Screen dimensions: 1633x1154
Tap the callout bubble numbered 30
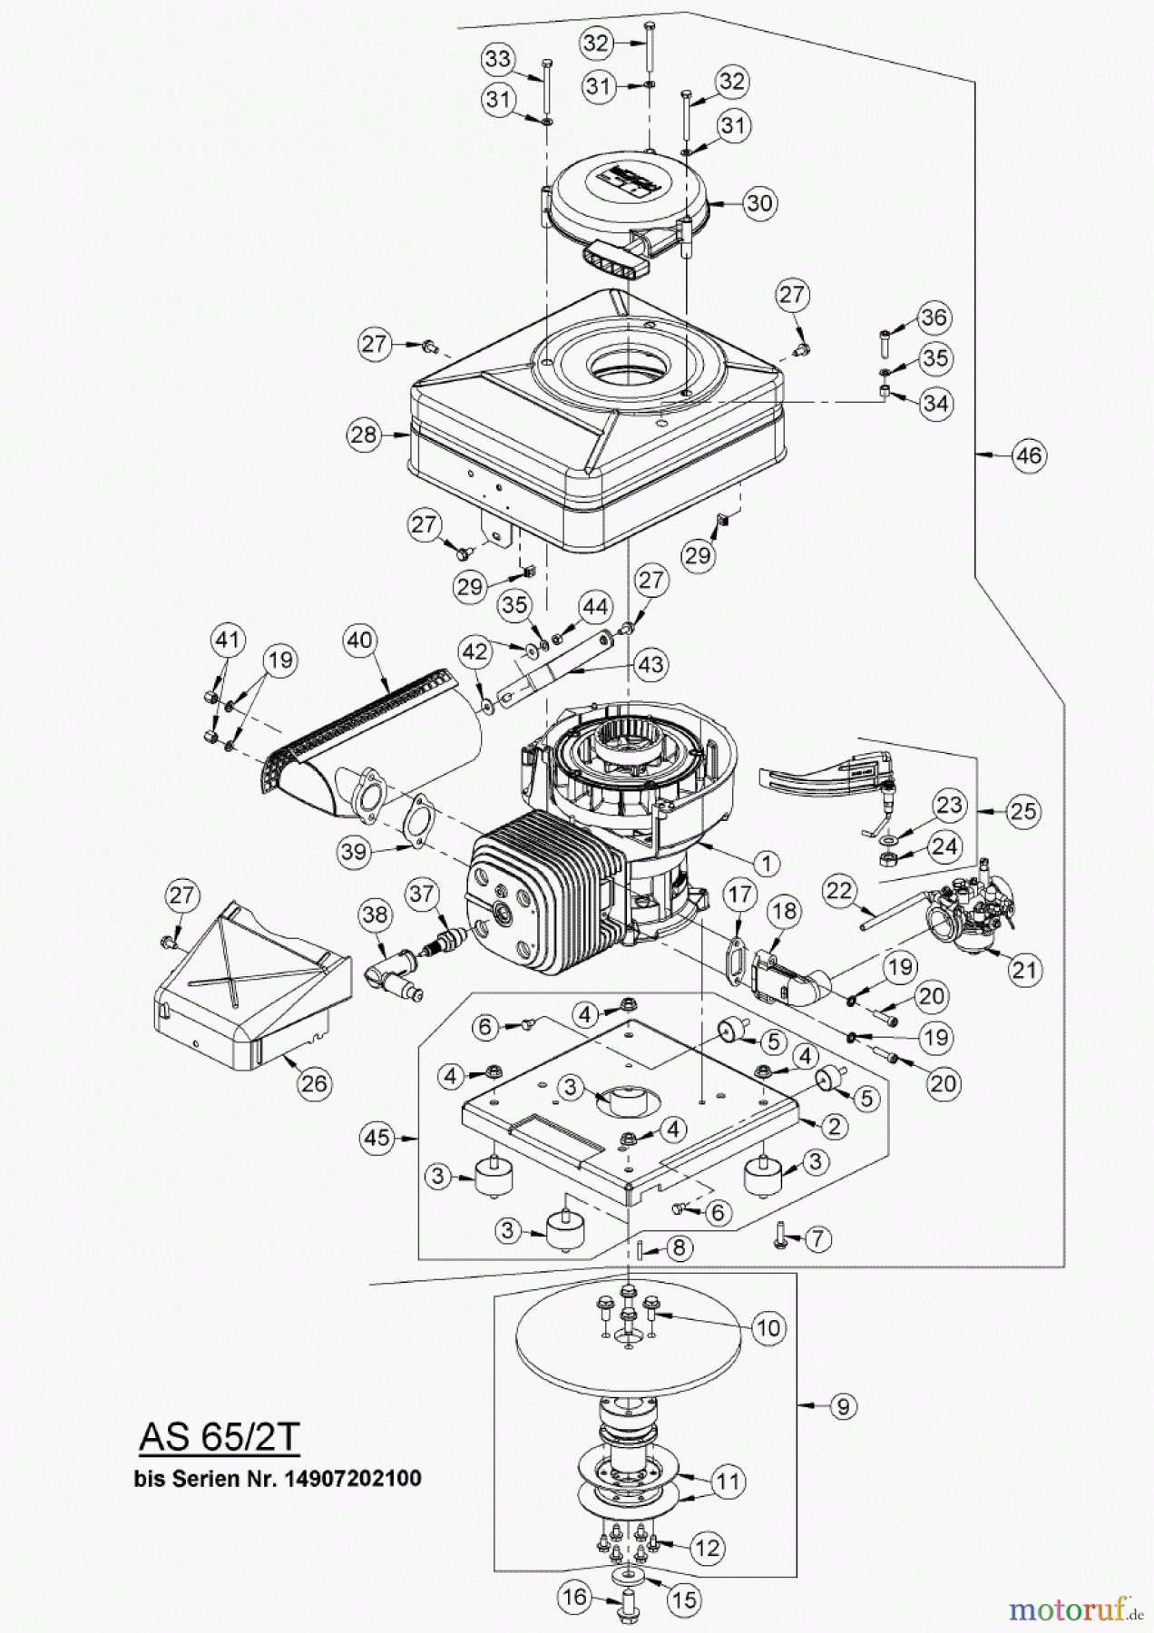(x=759, y=202)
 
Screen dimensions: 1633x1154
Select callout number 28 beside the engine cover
(x=364, y=435)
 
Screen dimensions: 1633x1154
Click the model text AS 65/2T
(x=219, y=1436)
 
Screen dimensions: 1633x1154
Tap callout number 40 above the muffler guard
(x=360, y=640)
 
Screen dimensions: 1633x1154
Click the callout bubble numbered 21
(x=1023, y=971)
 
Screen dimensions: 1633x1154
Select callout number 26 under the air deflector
(x=314, y=1083)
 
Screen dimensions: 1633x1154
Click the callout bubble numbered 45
(x=377, y=1138)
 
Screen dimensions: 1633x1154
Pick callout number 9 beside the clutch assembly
(x=843, y=1406)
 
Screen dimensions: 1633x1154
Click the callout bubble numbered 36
(x=934, y=318)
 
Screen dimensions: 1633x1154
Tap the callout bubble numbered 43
(x=650, y=665)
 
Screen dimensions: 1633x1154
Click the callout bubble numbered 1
(x=766, y=863)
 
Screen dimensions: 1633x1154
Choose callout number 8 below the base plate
(x=679, y=1247)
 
